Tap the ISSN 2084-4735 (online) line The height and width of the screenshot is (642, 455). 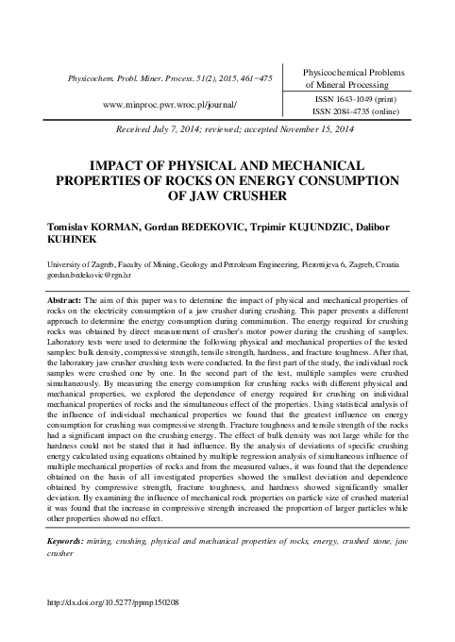[346, 110]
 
